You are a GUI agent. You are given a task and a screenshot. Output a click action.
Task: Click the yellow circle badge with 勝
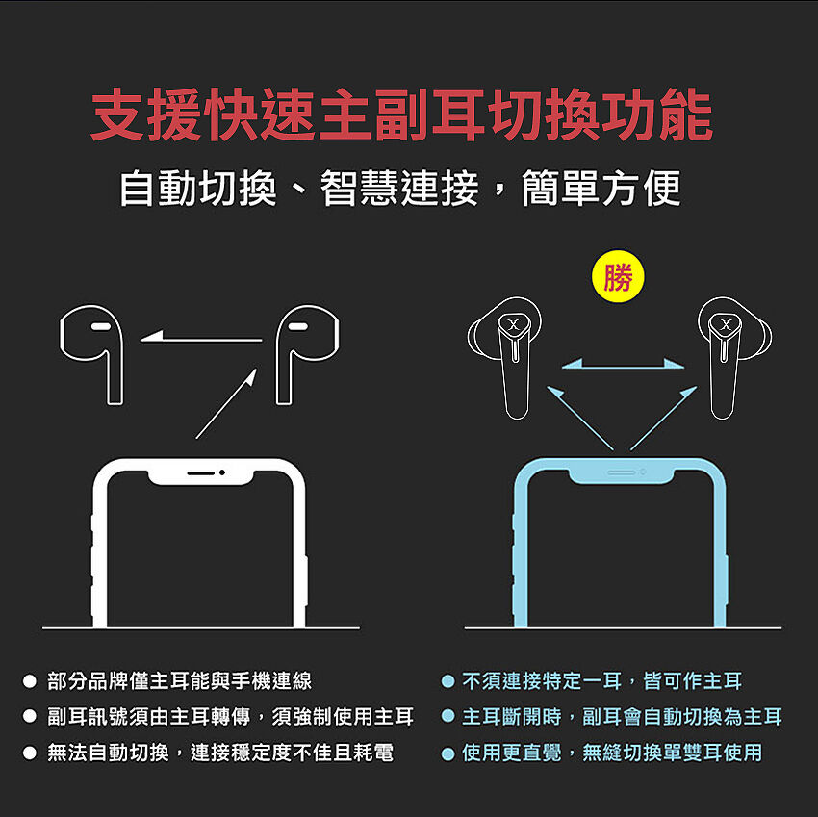coord(618,276)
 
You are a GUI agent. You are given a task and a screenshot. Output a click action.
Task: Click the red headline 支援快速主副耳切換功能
coord(401,115)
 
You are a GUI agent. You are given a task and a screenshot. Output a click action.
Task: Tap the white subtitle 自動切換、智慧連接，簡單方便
coord(400,188)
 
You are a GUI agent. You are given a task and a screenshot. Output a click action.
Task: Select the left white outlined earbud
coord(91,354)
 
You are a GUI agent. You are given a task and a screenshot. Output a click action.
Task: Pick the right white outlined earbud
coord(307,354)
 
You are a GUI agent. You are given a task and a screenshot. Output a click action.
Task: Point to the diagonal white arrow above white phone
coord(226,404)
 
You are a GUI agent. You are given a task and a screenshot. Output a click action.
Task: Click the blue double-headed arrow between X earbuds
coord(623,364)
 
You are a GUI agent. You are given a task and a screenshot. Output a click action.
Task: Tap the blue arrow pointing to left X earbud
coord(580,418)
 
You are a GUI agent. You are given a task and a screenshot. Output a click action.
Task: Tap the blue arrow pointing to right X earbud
coord(664,418)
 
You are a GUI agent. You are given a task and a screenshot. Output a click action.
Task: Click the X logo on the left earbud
coord(514,324)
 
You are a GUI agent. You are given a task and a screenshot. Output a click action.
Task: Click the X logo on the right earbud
coord(726,324)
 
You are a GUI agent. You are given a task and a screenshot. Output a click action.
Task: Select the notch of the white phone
coord(201,475)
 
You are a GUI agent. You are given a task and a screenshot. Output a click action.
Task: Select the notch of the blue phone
coord(621,474)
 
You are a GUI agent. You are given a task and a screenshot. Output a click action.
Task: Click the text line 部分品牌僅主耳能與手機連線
coord(179,681)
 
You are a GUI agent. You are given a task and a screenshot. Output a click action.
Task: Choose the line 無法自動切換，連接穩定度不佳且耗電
coord(220,753)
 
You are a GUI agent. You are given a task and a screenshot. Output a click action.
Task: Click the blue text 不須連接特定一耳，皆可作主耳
coord(601,681)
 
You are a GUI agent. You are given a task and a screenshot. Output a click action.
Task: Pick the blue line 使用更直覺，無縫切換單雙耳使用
coord(612,753)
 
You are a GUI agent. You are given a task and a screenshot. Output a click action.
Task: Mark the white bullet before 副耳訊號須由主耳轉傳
coord(30,716)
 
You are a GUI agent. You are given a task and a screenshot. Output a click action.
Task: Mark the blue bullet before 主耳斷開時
coord(447,716)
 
